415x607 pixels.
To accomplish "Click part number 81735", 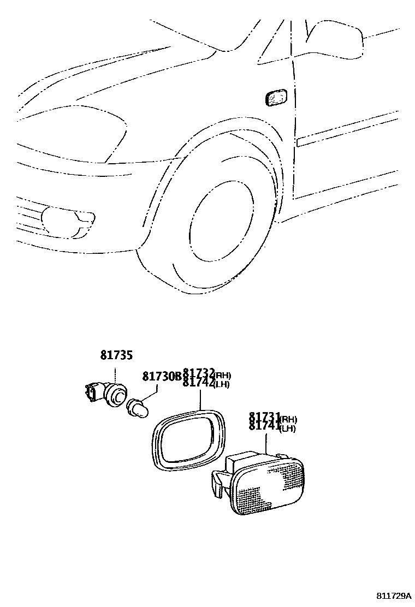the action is pyautogui.click(x=116, y=355).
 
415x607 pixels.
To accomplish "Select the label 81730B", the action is pyautogui.click(x=161, y=377).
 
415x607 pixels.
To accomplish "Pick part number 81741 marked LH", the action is pyautogui.click(x=265, y=427).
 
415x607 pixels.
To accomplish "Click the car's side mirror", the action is pyautogui.click(x=336, y=39).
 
